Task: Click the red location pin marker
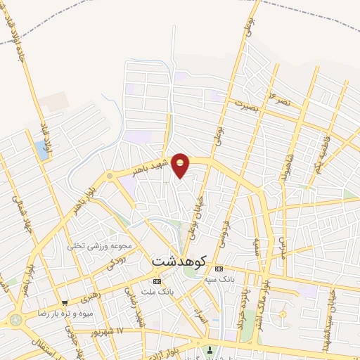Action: (181, 165)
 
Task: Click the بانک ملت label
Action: (156, 291)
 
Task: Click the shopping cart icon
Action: (65, 303)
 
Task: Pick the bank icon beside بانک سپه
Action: (218, 269)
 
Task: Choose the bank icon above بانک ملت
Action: (156, 281)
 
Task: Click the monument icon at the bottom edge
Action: (207, 352)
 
